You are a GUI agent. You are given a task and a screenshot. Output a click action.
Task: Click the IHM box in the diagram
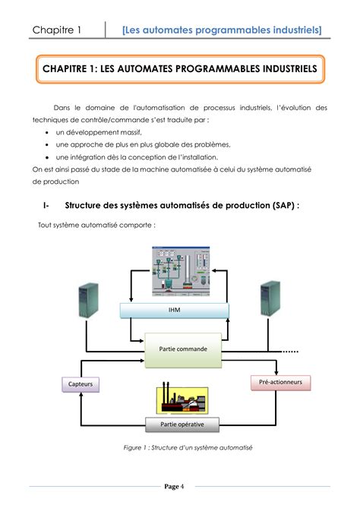pyautogui.click(x=174, y=311)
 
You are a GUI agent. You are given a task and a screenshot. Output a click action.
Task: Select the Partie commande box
pyautogui.click(x=183, y=349)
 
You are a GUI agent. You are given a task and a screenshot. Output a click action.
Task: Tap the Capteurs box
pyautogui.click(x=79, y=385)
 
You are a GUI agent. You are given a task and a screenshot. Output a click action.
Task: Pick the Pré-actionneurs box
pyautogui.click(x=280, y=383)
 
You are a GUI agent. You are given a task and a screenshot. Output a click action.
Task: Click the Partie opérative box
pyautogui.click(x=182, y=424)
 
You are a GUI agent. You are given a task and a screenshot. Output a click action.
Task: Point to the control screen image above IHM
pyautogui.click(x=181, y=273)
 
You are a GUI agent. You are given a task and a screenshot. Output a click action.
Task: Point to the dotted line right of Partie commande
pyautogui.click(x=292, y=352)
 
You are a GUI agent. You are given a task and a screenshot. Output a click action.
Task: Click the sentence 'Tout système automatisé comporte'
pyautogui.click(x=96, y=226)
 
